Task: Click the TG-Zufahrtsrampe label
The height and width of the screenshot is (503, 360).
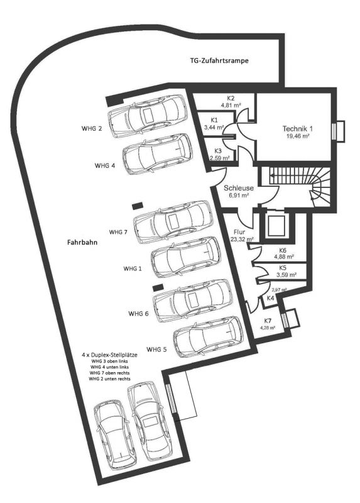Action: click(219, 60)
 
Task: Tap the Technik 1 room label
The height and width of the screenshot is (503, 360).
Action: click(298, 129)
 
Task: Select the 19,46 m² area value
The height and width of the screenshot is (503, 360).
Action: click(298, 136)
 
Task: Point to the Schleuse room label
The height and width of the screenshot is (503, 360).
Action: click(239, 188)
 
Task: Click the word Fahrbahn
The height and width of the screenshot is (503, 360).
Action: click(82, 242)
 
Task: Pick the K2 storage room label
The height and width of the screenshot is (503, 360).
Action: click(231, 98)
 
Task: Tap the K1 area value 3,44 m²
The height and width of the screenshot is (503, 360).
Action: click(214, 127)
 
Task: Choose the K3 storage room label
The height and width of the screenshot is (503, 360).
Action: click(218, 151)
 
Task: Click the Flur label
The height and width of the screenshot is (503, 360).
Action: click(239, 232)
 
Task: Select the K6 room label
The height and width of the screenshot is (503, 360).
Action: click(283, 250)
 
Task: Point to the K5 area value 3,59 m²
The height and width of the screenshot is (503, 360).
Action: click(286, 275)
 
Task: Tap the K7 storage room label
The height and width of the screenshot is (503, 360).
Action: click(268, 321)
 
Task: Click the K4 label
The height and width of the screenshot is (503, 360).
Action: click(270, 297)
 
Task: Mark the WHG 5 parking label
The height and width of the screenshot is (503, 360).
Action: click(156, 350)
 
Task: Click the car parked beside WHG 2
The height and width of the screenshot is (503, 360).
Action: click(147, 114)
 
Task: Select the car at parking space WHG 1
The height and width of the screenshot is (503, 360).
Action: click(186, 258)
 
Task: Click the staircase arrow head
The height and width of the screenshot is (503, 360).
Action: click(272, 175)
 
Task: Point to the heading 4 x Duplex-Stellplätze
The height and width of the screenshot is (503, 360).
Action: click(110, 355)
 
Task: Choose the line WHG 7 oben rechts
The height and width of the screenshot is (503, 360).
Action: click(110, 373)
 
